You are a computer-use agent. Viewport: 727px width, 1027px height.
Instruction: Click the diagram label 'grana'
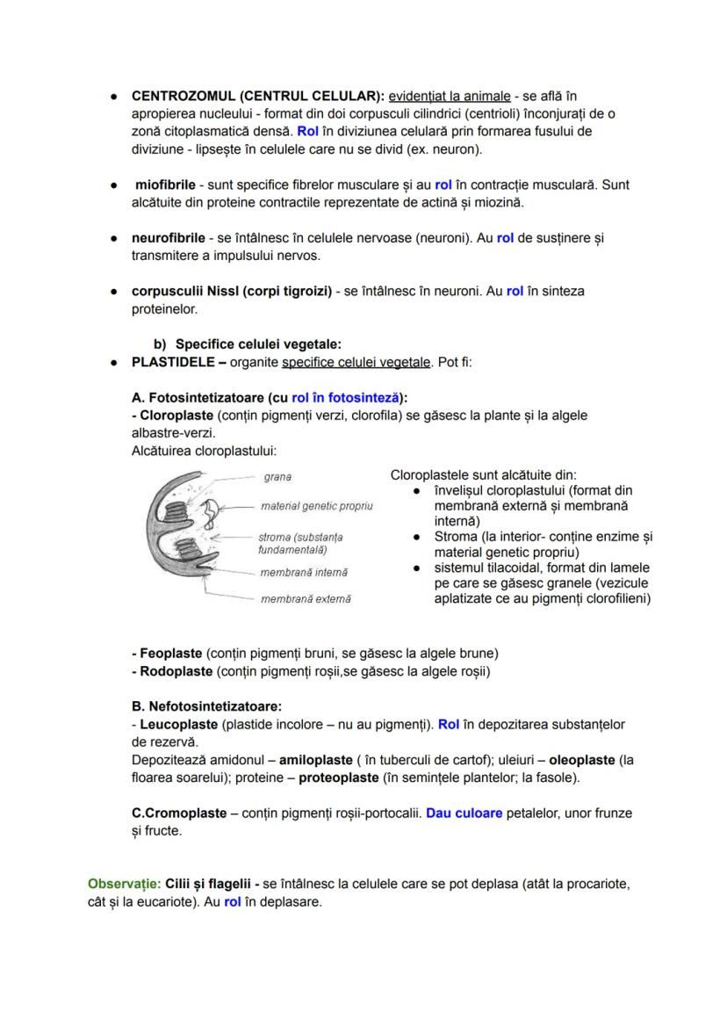tap(277, 477)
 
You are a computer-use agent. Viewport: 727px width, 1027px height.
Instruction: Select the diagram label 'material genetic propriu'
tap(316, 506)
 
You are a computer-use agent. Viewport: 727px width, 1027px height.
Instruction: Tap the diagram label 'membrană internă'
tap(303, 572)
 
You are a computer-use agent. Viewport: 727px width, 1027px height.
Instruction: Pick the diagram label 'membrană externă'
tap(305, 598)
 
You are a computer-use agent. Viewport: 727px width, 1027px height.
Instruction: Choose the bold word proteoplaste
tap(338, 777)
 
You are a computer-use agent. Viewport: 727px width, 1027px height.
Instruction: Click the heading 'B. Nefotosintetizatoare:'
tap(206, 706)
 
